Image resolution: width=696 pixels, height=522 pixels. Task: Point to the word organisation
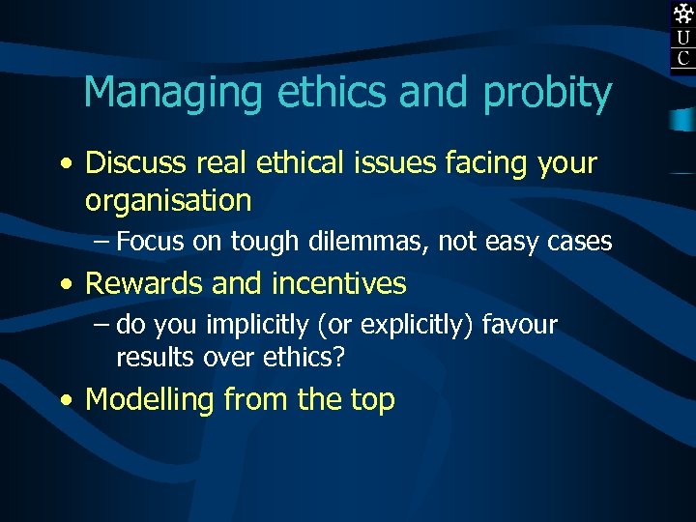(x=168, y=201)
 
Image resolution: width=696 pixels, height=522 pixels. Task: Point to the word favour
(x=519, y=325)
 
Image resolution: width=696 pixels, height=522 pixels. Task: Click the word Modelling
(x=150, y=399)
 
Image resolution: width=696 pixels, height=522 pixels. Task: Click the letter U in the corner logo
(x=683, y=38)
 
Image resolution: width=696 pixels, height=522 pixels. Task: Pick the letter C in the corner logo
(x=683, y=59)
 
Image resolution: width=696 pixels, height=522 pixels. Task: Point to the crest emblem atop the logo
(x=683, y=14)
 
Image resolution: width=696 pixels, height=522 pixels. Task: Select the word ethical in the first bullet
(x=297, y=163)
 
